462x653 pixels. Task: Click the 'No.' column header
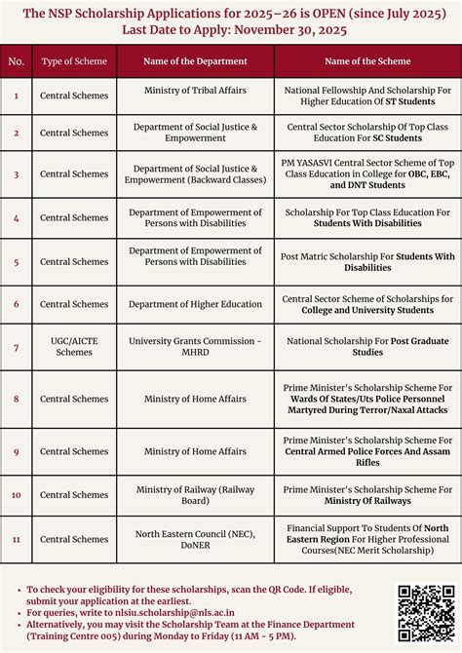17,61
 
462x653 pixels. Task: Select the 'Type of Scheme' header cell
74,61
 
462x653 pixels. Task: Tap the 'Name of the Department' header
195,61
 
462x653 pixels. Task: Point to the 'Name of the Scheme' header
367,61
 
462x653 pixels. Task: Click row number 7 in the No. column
17,347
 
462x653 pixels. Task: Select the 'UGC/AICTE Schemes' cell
74,347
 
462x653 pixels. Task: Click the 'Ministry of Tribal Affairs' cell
195,91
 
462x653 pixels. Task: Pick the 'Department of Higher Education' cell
195,304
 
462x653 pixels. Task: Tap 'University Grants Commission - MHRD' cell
195,347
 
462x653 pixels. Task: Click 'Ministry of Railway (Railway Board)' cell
195,495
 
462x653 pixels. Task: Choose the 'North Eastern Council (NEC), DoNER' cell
195,539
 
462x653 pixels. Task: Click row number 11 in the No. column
17,539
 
